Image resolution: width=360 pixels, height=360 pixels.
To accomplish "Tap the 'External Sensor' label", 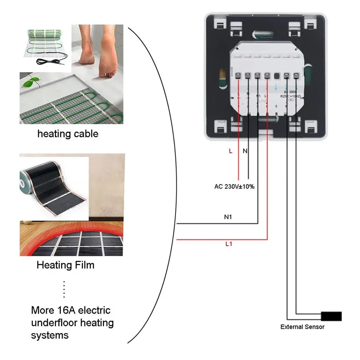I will coord(302,327).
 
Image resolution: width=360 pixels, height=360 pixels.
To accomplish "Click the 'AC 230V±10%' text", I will coord(234,186).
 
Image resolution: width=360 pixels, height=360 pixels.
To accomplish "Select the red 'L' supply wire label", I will coord(230,151).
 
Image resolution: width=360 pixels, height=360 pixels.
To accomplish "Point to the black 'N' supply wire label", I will coord(245,151).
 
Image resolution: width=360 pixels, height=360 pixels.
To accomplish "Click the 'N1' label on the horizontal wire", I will coord(228,217).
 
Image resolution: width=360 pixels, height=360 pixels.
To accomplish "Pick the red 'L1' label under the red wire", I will coord(228,244).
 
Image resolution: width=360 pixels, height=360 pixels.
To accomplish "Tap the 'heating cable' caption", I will coord(67,134).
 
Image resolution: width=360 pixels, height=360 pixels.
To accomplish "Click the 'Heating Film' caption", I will coord(66,265).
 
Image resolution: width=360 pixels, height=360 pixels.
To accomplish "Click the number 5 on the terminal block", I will coord(276,106).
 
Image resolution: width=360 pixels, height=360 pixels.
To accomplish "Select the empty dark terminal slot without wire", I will coord(277,76).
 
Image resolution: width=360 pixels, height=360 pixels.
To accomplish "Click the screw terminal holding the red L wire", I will coord(238,76).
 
